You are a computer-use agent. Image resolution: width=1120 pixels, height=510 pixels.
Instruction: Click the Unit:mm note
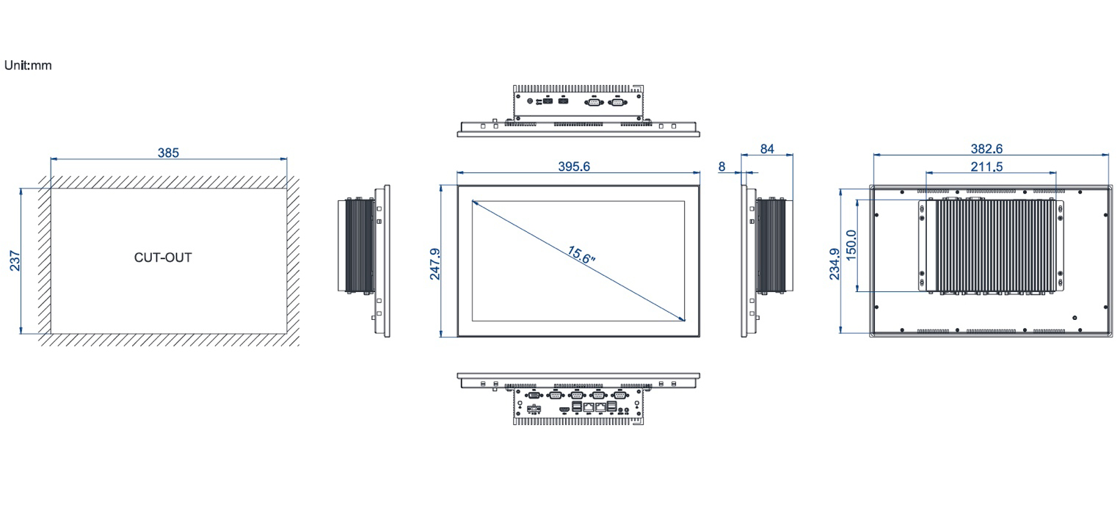click(x=28, y=65)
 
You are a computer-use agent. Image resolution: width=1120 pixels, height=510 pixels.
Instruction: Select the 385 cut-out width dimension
click(x=168, y=153)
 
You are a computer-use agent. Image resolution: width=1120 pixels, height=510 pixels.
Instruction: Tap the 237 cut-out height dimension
click(x=15, y=261)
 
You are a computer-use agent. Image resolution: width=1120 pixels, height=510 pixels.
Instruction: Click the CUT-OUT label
click(x=163, y=258)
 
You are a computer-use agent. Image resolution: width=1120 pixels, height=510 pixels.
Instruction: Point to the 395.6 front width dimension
click(x=574, y=167)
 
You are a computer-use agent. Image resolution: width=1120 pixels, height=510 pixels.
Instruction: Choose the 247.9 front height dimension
click(x=435, y=264)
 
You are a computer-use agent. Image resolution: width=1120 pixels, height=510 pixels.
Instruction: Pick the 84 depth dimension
click(x=767, y=149)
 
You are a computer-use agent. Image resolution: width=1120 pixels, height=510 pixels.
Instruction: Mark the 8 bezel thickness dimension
click(x=721, y=167)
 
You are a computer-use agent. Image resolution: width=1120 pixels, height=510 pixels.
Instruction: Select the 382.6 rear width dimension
click(x=986, y=148)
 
